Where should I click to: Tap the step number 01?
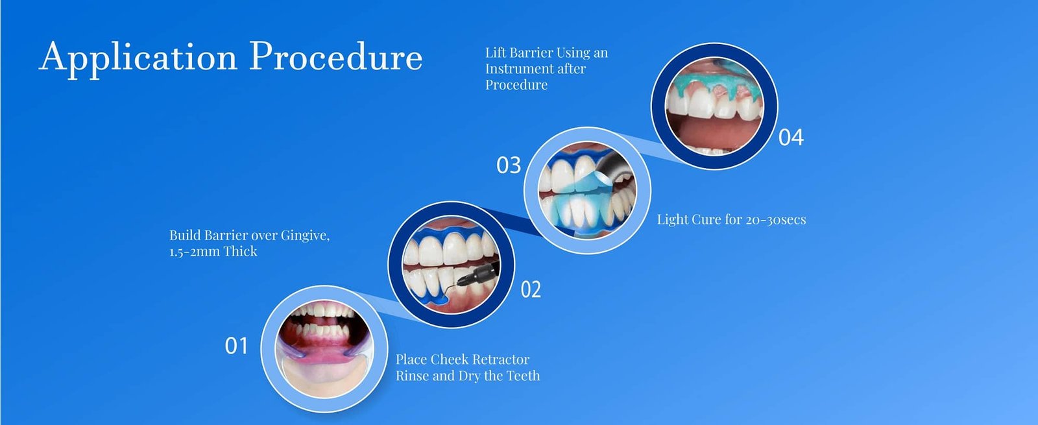pyautogui.click(x=236, y=346)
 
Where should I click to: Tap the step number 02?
pyautogui.click(x=531, y=289)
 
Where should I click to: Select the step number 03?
pyautogui.click(x=509, y=165)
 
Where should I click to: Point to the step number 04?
pyautogui.click(x=791, y=138)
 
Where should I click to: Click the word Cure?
pyautogui.click(x=706, y=220)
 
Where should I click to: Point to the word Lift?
pyautogui.click(x=496, y=53)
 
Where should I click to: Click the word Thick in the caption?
pyautogui.click(x=241, y=252)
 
